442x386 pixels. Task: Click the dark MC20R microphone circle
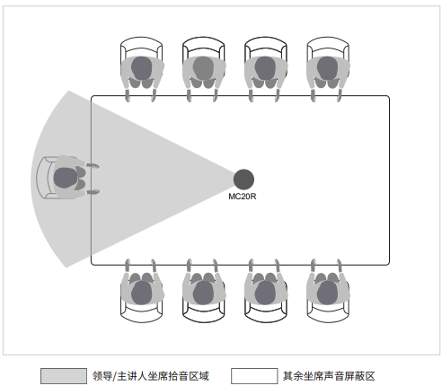pyautogui.click(x=243, y=180)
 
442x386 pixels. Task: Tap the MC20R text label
pyautogui.click(x=243, y=197)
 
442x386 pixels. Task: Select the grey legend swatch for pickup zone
pyautogui.click(x=64, y=376)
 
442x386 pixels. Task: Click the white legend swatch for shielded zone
pyautogui.click(x=254, y=376)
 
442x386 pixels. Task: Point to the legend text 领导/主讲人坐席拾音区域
pyautogui.click(x=151, y=376)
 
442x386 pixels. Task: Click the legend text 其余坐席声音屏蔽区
pyautogui.click(x=329, y=376)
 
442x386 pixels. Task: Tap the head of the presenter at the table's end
pyautogui.click(x=65, y=178)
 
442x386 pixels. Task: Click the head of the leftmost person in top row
pyautogui.click(x=141, y=68)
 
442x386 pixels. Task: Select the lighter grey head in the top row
pyautogui.click(x=203, y=68)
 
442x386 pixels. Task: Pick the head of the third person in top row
pyautogui.click(x=265, y=68)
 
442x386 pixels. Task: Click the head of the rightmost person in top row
pyautogui.click(x=327, y=68)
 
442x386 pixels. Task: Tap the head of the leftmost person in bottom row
pyautogui.click(x=141, y=293)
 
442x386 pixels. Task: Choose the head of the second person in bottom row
pyautogui.click(x=203, y=293)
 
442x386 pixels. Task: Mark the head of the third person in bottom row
pyautogui.click(x=265, y=293)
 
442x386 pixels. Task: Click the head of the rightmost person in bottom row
pyautogui.click(x=327, y=293)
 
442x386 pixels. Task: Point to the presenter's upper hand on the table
pyautogui.click(x=93, y=166)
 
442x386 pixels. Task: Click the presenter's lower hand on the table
pyautogui.click(x=93, y=191)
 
